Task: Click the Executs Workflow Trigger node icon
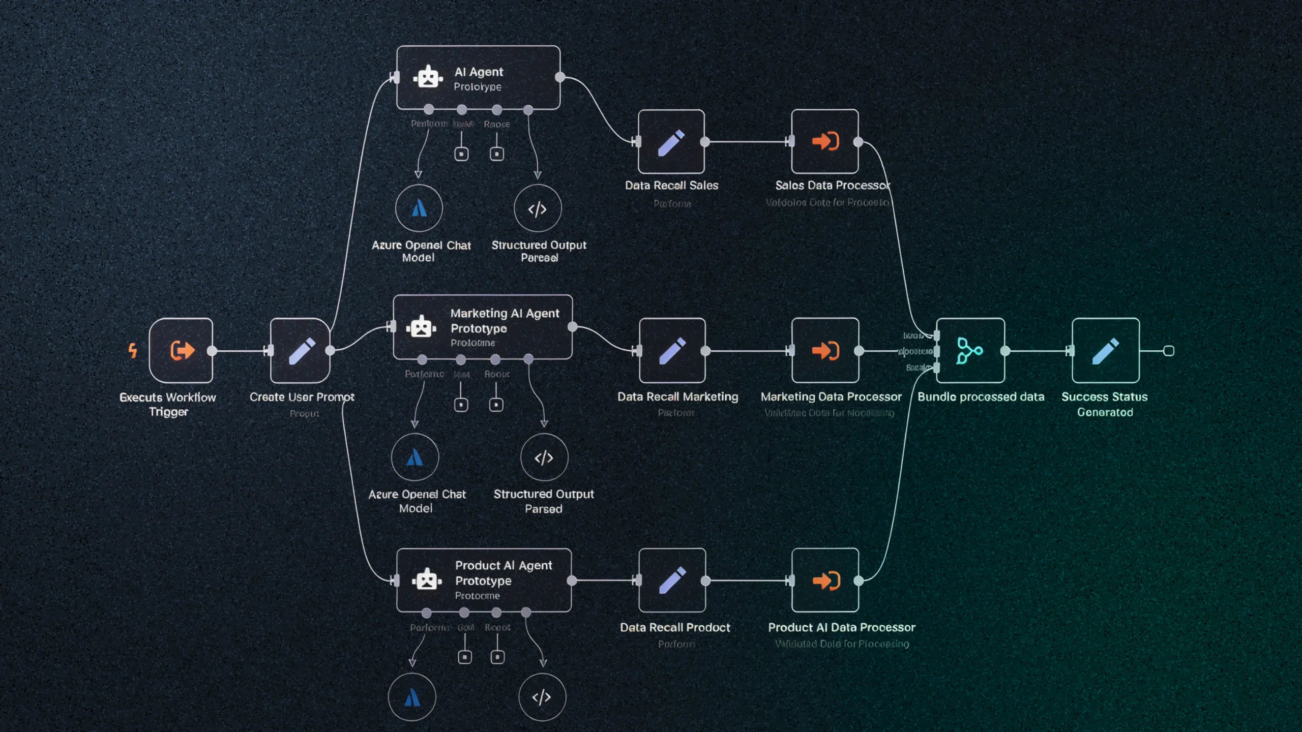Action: pyautogui.click(x=181, y=350)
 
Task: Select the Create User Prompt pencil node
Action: pyautogui.click(x=301, y=350)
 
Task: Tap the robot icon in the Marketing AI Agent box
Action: pyautogui.click(x=421, y=327)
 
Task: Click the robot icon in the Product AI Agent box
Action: pyautogui.click(x=426, y=579)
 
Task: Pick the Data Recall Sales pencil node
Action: pyautogui.click(x=671, y=142)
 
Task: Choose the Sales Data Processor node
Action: pyautogui.click(x=824, y=141)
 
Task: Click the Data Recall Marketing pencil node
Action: pyautogui.click(x=672, y=350)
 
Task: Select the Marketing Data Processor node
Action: pyautogui.click(x=825, y=350)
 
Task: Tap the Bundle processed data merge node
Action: pyautogui.click(x=970, y=350)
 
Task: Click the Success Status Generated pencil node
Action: pyautogui.click(x=1105, y=350)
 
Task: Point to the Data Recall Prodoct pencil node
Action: pyautogui.click(x=672, y=580)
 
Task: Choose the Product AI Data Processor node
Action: pyautogui.click(x=825, y=580)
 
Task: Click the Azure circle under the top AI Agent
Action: pyautogui.click(x=419, y=208)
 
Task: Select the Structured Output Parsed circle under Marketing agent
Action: pyautogui.click(x=544, y=457)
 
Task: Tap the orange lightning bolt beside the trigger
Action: pyautogui.click(x=133, y=350)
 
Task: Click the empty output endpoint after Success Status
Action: pyautogui.click(x=1169, y=351)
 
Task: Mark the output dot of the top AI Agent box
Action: pyautogui.click(x=560, y=77)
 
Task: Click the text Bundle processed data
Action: pyautogui.click(x=981, y=397)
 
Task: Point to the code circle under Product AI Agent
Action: pyautogui.click(x=542, y=697)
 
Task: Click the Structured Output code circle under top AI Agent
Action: pyautogui.click(x=538, y=208)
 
